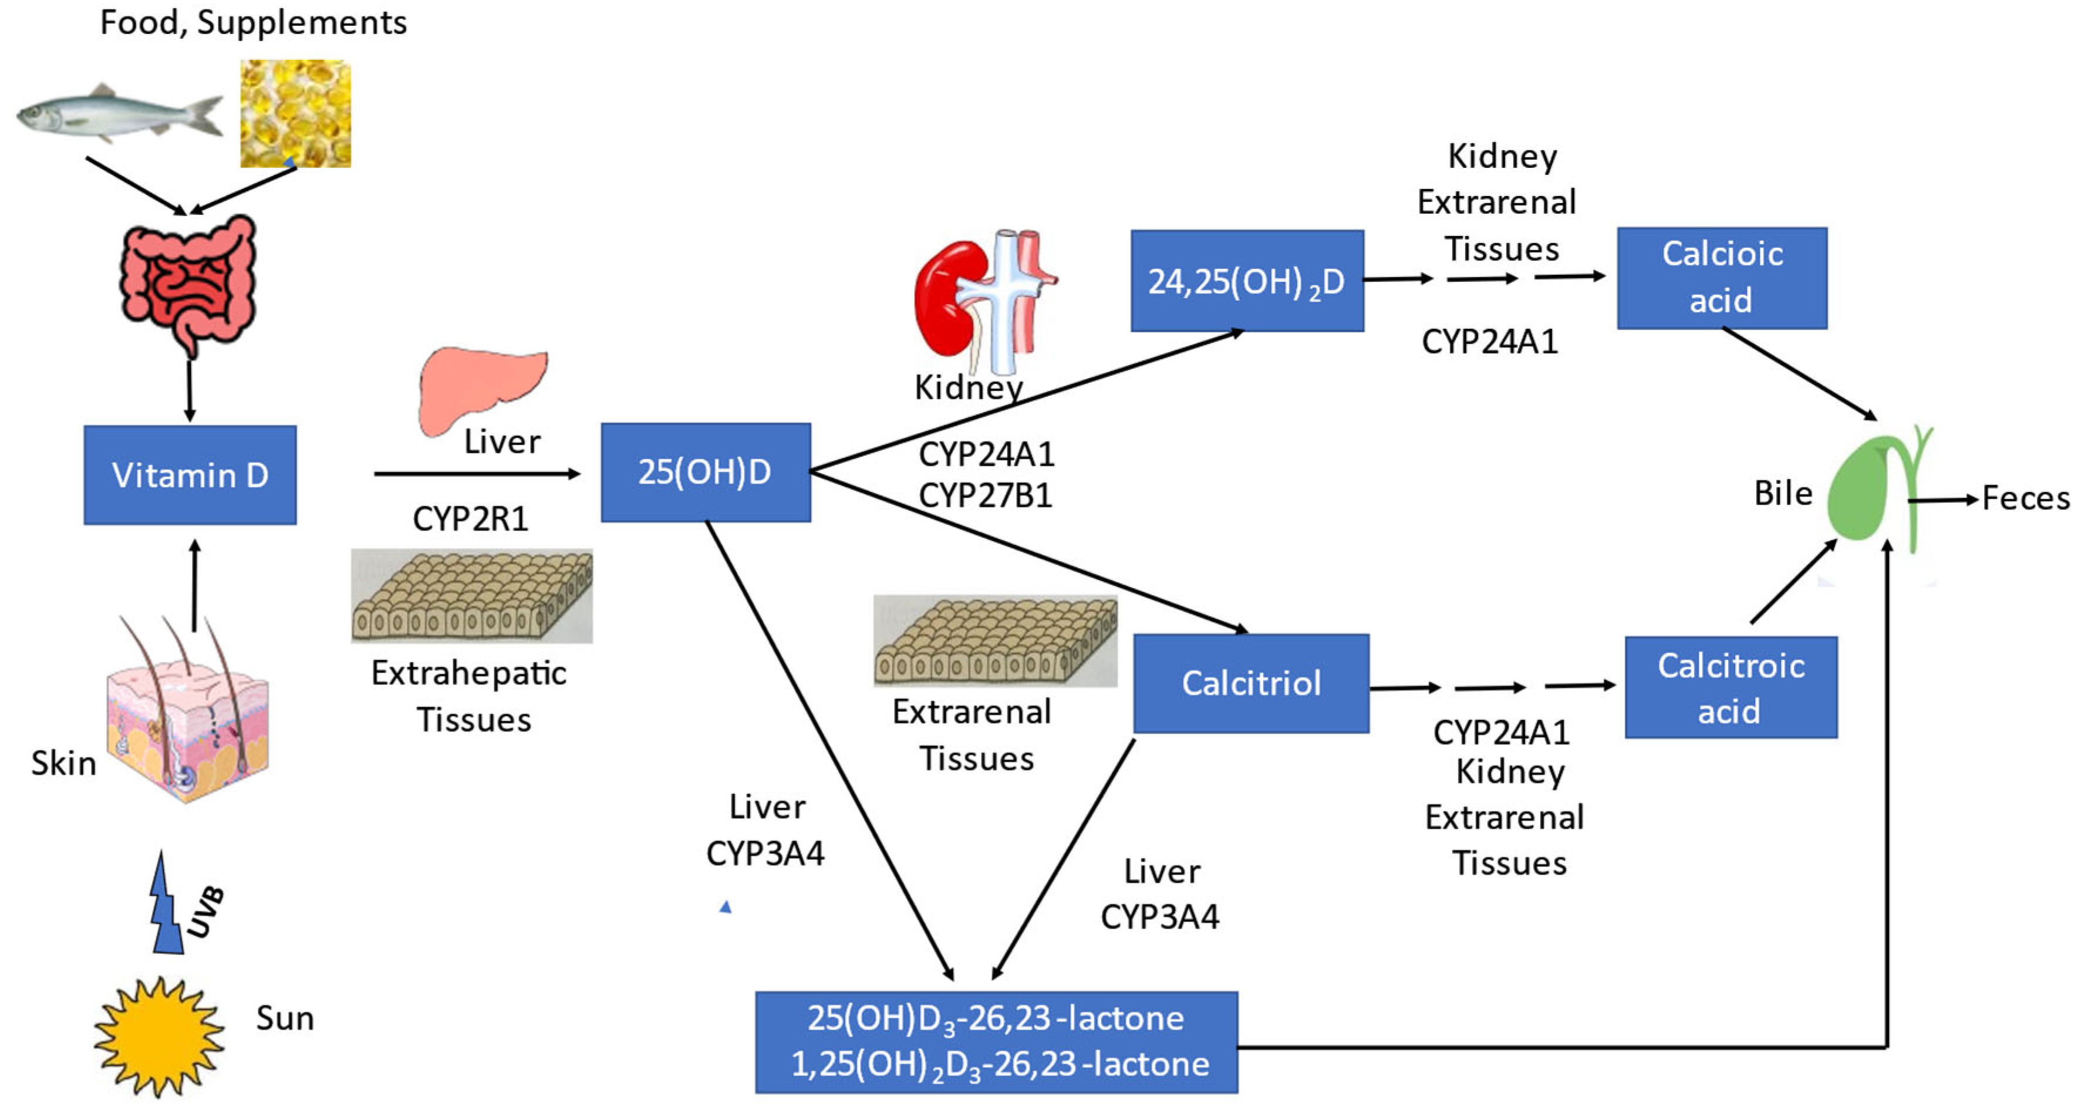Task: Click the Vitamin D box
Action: (190, 475)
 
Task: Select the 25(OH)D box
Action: (705, 472)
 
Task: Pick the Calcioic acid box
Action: (1722, 278)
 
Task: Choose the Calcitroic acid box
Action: (1731, 687)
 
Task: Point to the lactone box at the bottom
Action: (996, 1042)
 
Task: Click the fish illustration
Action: (120, 113)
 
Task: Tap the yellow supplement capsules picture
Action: (296, 113)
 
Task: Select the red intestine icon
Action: (189, 283)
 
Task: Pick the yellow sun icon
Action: (159, 1037)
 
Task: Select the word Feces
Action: (2026, 498)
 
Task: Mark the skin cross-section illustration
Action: (187, 709)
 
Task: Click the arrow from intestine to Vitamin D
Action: (189, 390)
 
